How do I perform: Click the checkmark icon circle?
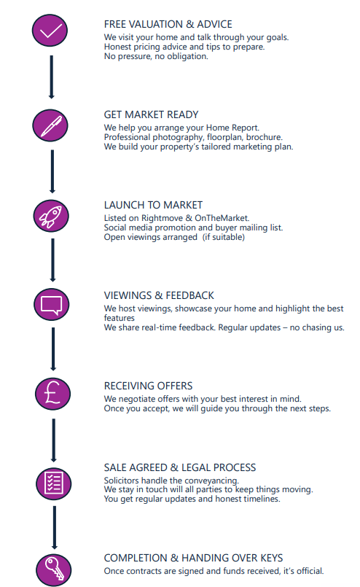[50, 31]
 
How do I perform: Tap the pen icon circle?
[50, 125]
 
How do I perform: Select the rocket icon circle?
[51, 216]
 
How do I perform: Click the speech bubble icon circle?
[52, 304]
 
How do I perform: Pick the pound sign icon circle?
[52, 394]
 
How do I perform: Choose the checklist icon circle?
[53, 483]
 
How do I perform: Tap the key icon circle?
[54, 569]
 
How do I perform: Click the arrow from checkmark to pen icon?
[52, 77]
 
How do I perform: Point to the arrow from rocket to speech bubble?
[52, 260]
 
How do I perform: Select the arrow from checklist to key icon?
[55, 528]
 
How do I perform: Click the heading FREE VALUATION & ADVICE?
[168, 24]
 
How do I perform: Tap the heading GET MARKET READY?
[151, 114]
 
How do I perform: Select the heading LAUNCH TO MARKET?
[154, 205]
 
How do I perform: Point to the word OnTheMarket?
[222, 218]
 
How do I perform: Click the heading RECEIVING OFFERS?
[148, 386]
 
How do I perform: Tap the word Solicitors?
[122, 481]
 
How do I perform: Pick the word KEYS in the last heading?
[271, 558]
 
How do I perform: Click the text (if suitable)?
[224, 237]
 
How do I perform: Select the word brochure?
[265, 137]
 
